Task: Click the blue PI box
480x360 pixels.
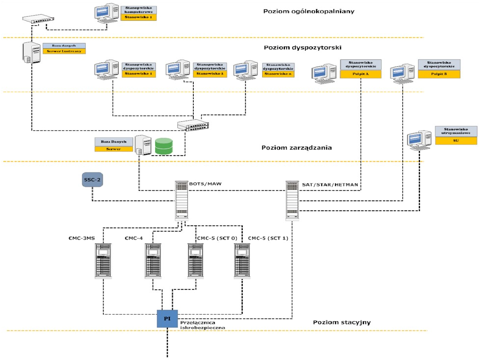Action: point(167,318)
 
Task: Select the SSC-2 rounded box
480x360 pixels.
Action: point(92,180)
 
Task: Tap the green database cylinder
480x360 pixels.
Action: point(164,146)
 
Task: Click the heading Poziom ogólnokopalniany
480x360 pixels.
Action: point(308,12)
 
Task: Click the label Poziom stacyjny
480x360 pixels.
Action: point(341,322)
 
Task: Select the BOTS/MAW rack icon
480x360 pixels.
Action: point(182,200)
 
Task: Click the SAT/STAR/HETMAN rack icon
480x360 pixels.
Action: point(292,200)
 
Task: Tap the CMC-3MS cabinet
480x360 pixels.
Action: point(104,260)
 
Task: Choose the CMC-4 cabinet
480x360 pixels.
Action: point(153,260)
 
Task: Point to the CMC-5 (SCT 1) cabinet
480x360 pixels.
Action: point(243,260)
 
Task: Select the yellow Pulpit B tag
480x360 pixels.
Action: point(439,74)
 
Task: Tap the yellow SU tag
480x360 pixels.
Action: point(456,140)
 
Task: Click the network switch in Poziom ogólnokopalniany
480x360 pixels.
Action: point(38,20)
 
